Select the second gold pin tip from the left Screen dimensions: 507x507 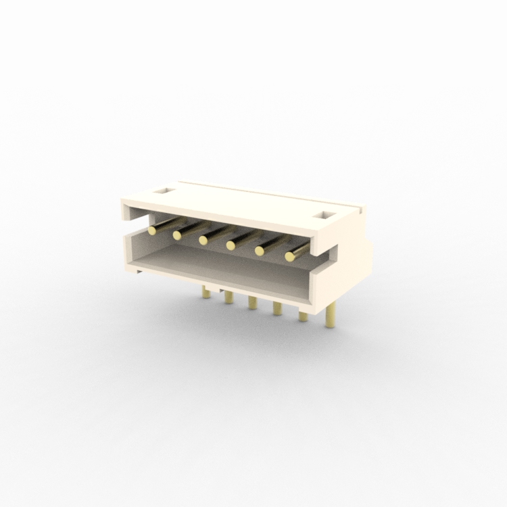click(x=178, y=235)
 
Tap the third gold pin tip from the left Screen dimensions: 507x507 click(x=203, y=240)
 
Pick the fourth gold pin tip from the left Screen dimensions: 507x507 click(x=231, y=245)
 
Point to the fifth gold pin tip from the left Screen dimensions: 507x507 click(x=259, y=251)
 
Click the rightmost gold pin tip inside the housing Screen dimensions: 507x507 click(x=290, y=256)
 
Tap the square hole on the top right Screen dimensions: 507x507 click(x=327, y=216)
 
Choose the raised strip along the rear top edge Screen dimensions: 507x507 click(x=270, y=191)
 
